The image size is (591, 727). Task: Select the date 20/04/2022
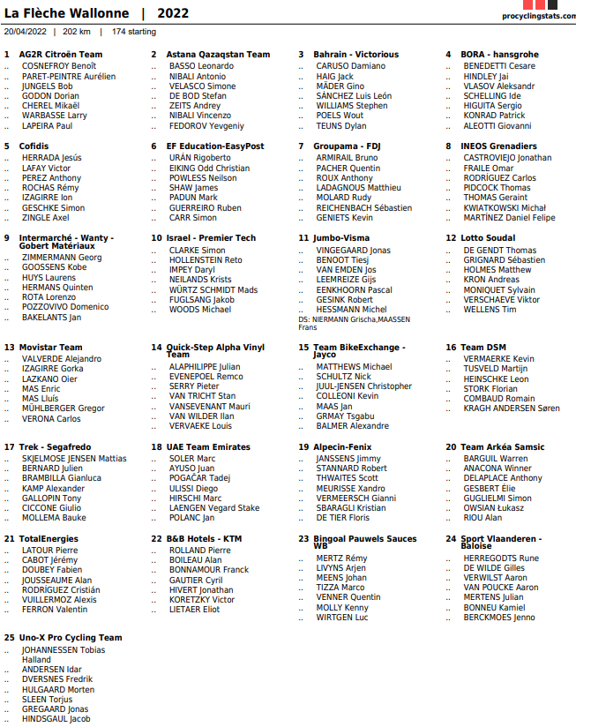26,32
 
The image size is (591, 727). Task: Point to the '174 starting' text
134,32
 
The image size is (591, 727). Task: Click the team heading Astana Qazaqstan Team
218,55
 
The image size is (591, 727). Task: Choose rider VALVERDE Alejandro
61,359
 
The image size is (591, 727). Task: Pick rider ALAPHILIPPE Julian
204,366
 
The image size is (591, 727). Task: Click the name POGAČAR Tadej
199,478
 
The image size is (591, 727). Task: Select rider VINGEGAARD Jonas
353,251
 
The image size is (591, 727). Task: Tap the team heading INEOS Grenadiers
497,146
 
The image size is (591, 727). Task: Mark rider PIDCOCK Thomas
497,188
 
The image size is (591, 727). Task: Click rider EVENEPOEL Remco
206,377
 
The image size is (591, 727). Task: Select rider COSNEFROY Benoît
59,66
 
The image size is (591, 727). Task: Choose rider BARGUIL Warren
495,459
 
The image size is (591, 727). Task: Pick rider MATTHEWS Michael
354,367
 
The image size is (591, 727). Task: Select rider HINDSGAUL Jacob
56,719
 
